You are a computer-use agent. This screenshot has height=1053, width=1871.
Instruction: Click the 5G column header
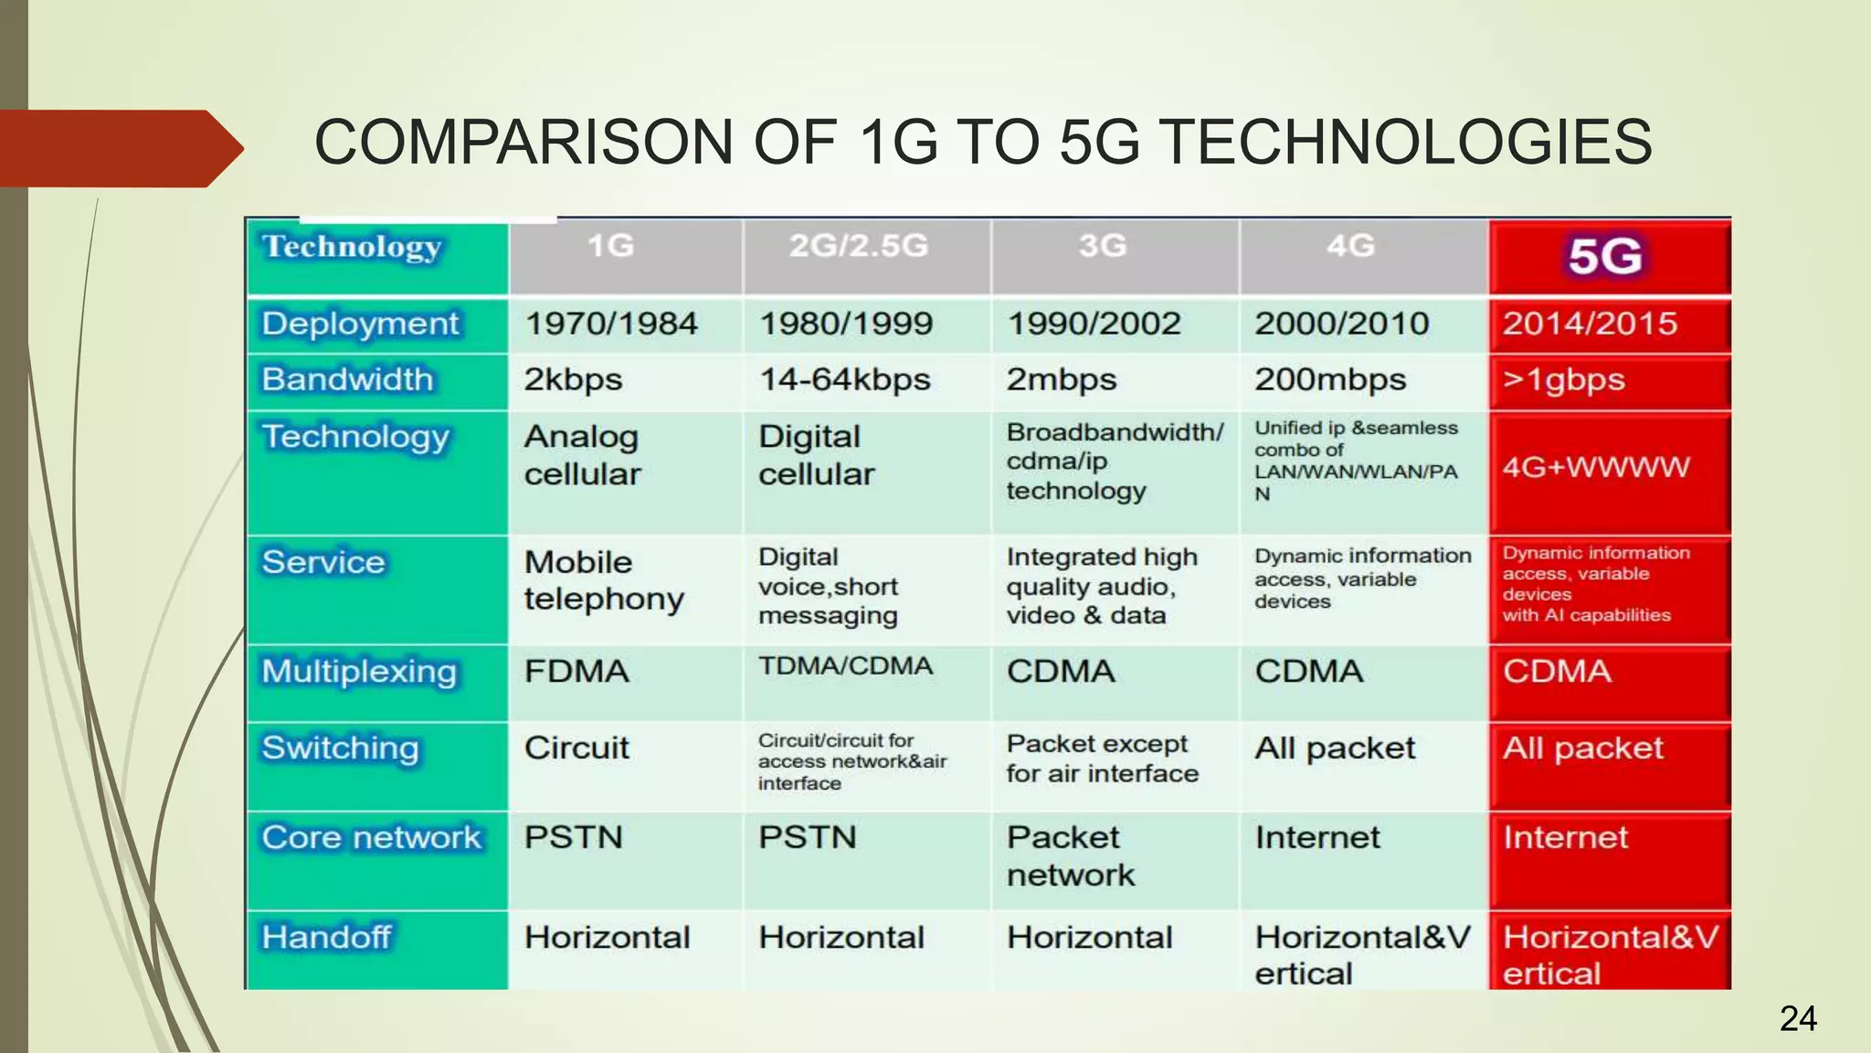pyautogui.click(x=1605, y=256)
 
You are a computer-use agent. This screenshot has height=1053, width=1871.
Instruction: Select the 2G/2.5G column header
pyautogui.click(x=858, y=246)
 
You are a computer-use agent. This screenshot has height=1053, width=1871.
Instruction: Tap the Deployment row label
pyautogui.click(x=360, y=324)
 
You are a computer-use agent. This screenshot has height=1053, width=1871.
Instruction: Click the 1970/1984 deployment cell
pyautogui.click(x=610, y=324)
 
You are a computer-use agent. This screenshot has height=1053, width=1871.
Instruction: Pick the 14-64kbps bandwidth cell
pyautogui.click(x=845, y=379)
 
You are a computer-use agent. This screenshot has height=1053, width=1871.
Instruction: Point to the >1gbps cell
pyautogui.click(x=1564, y=379)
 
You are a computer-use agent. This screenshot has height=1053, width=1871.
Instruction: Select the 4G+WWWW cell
pyautogui.click(x=1596, y=467)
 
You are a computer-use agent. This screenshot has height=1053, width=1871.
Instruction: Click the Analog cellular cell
pyautogui.click(x=582, y=455)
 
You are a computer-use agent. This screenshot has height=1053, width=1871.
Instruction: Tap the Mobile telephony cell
pyautogui.click(x=603, y=580)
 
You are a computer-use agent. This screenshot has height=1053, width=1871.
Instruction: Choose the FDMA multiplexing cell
pyautogui.click(x=576, y=672)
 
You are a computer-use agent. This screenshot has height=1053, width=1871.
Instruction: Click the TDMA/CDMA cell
pyautogui.click(x=845, y=666)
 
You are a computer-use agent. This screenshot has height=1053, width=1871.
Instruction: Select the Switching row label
pyautogui.click(x=340, y=749)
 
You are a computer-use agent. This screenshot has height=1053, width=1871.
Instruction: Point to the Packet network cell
pyautogui.click(x=1070, y=856)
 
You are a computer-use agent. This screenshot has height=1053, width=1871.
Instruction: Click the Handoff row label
pyautogui.click(x=326, y=937)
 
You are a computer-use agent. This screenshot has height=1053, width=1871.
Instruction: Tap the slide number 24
pyautogui.click(x=1798, y=1018)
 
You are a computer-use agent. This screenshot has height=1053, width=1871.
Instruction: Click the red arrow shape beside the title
pyautogui.click(x=119, y=148)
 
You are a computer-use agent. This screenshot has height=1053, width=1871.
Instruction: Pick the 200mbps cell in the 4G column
pyautogui.click(x=1330, y=379)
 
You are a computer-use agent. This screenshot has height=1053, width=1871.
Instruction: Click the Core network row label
pyautogui.click(x=371, y=837)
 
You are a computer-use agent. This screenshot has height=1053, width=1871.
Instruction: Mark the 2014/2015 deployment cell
pyautogui.click(x=1590, y=324)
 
